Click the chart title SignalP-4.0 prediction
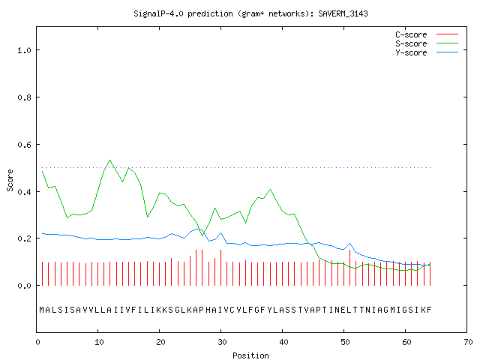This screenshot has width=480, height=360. click(183, 13)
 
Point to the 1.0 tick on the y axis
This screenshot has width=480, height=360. click(24, 50)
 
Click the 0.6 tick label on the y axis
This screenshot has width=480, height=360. click(24, 145)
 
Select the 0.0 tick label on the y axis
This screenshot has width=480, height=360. click(24, 286)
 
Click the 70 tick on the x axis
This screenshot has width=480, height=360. click(468, 342)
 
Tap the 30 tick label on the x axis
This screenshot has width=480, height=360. click(222, 342)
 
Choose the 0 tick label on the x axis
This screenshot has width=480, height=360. click(37, 342)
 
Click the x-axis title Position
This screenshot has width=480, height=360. click(250, 355)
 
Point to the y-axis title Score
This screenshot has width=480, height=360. click(10, 180)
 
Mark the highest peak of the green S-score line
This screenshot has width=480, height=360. click(110, 160)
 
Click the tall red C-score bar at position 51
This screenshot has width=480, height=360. click(350, 268)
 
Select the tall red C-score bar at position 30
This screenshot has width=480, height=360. click(220, 268)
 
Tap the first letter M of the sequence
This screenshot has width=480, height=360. click(42, 310)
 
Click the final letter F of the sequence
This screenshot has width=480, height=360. click(429, 310)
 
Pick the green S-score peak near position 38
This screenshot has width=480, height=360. click(270, 190)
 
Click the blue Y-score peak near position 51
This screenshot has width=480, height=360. click(350, 244)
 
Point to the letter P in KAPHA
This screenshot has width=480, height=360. click(201, 310)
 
